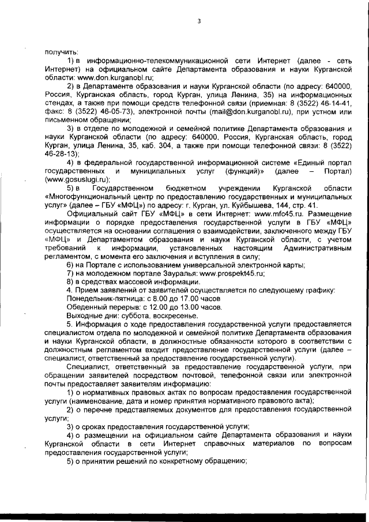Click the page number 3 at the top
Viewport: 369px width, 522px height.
[198, 22]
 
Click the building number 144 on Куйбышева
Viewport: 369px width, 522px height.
[282, 205]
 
